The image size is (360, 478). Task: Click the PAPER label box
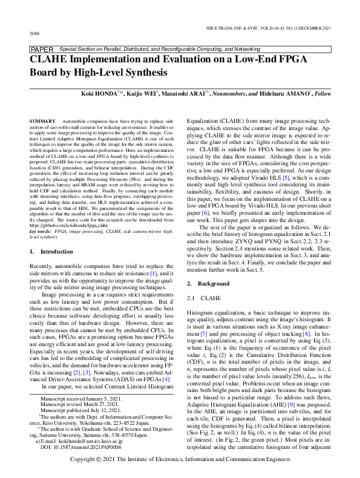41,48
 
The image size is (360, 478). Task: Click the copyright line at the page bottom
180,460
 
